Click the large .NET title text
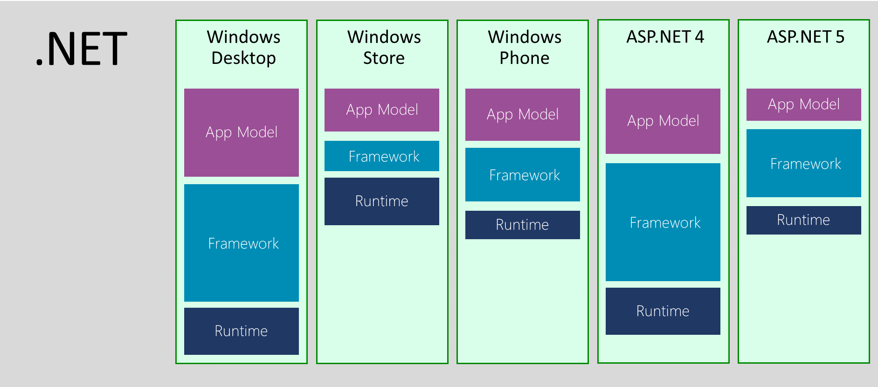82,49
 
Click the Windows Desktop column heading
243,48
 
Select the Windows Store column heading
384,48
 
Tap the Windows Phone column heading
525,48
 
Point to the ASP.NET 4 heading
665,37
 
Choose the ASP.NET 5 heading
805,37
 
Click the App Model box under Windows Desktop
242,132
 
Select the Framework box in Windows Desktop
242,243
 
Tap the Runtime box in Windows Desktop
242,331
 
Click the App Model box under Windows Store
382,110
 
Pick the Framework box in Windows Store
382,156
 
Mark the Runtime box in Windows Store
382,201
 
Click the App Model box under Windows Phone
523,115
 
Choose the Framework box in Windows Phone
523,175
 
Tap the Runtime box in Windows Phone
523,225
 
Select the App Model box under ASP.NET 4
663,121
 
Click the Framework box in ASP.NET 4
663,222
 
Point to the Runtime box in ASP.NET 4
663,311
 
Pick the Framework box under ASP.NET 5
804,164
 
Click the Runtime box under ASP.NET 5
804,220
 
